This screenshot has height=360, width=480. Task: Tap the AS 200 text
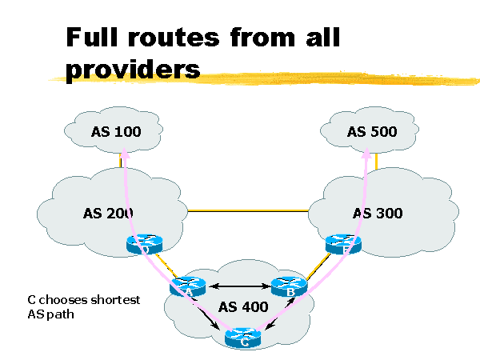coord(108,213)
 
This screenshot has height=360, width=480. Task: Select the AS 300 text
coord(378,213)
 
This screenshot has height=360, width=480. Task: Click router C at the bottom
coord(243,338)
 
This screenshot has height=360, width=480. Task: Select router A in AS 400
coord(188,286)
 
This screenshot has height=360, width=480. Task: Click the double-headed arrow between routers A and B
coord(239,285)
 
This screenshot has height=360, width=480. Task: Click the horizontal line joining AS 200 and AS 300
coord(248,210)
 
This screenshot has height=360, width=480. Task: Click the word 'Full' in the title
coord(101,37)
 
